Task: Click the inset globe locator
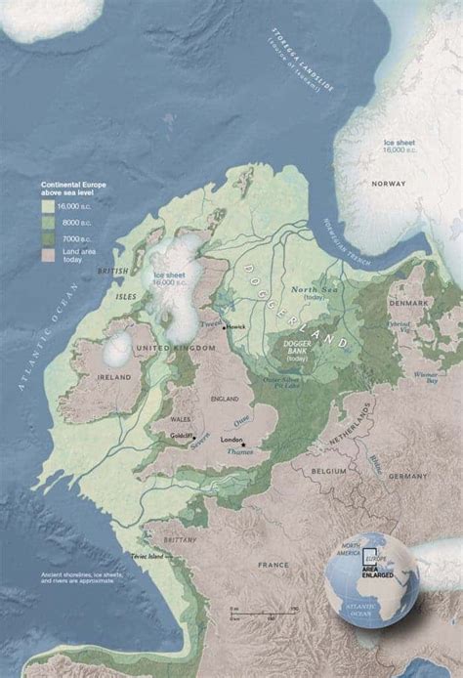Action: coord(373,579)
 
